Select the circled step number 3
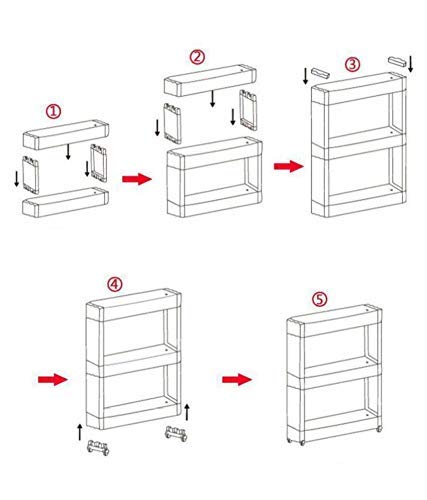(x=352, y=63)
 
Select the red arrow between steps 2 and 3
(x=289, y=165)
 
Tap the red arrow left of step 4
(x=53, y=379)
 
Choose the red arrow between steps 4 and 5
(x=237, y=379)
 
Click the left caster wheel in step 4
(x=98, y=447)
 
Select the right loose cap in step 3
(x=397, y=62)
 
